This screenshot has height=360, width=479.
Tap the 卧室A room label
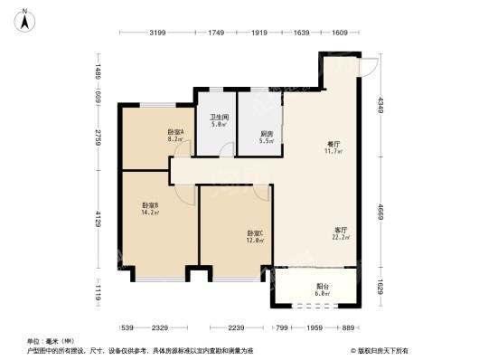(176, 132)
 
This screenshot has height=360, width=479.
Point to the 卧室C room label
(256, 233)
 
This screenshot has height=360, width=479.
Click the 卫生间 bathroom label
(219, 118)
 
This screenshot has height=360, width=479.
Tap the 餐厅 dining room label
(333, 144)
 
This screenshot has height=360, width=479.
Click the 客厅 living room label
(340, 231)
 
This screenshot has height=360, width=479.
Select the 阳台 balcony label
(323, 286)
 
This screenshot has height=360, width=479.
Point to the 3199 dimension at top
(157, 33)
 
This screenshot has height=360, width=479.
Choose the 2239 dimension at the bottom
(237, 327)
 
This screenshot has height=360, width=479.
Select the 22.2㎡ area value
(341, 239)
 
